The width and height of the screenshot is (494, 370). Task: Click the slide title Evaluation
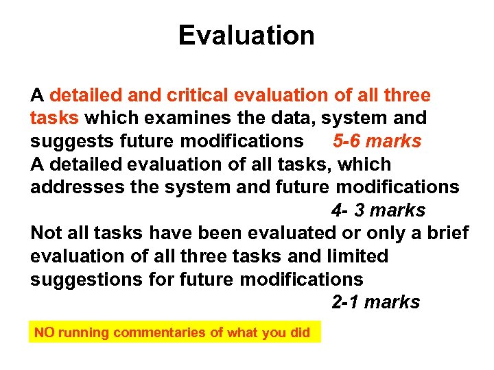coord(246,35)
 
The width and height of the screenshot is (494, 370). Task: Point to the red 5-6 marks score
coord(377,141)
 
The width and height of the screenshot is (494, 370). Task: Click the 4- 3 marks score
coord(378,210)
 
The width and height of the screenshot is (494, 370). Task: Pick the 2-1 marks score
coord(375,302)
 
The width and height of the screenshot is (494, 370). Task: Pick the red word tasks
coord(54,119)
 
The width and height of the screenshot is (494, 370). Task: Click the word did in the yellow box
coord(300,333)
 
